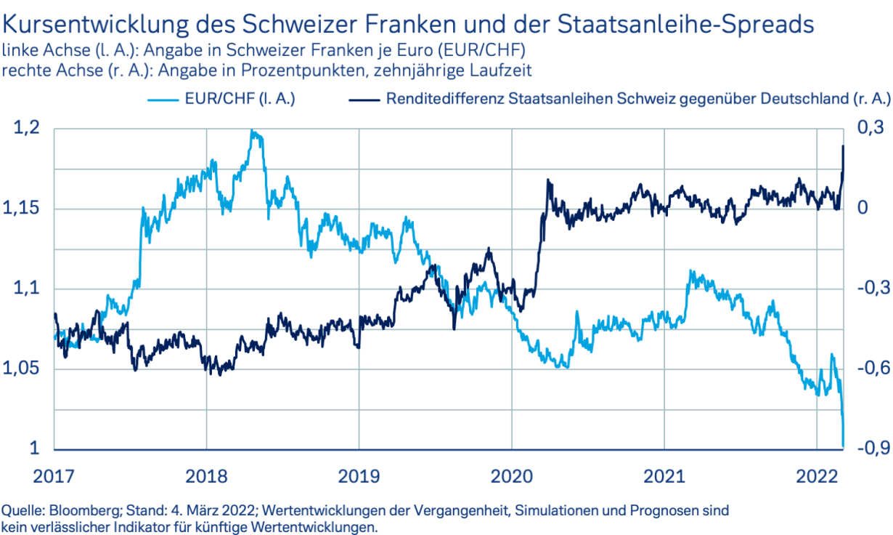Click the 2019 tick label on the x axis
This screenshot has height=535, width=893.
pyautogui.click(x=359, y=476)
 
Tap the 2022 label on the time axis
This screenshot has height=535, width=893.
pyautogui.click(x=817, y=476)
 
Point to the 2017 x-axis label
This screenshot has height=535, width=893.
pyautogui.click(x=54, y=476)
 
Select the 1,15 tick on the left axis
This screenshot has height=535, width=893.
pyautogui.click(x=27, y=209)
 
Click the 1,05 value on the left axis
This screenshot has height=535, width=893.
pyautogui.click(x=27, y=369)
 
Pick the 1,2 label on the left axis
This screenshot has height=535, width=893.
pyautogui.click(x=27, y=129)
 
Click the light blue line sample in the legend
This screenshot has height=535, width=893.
pyautogui.click(x=163, y=99)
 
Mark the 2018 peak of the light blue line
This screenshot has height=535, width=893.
pyautogui.click(x=252, y=132)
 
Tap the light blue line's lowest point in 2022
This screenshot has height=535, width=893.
pyautogui.click(x=844, y=445)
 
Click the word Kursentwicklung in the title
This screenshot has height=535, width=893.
pyautogui.click(x=94, y=25)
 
